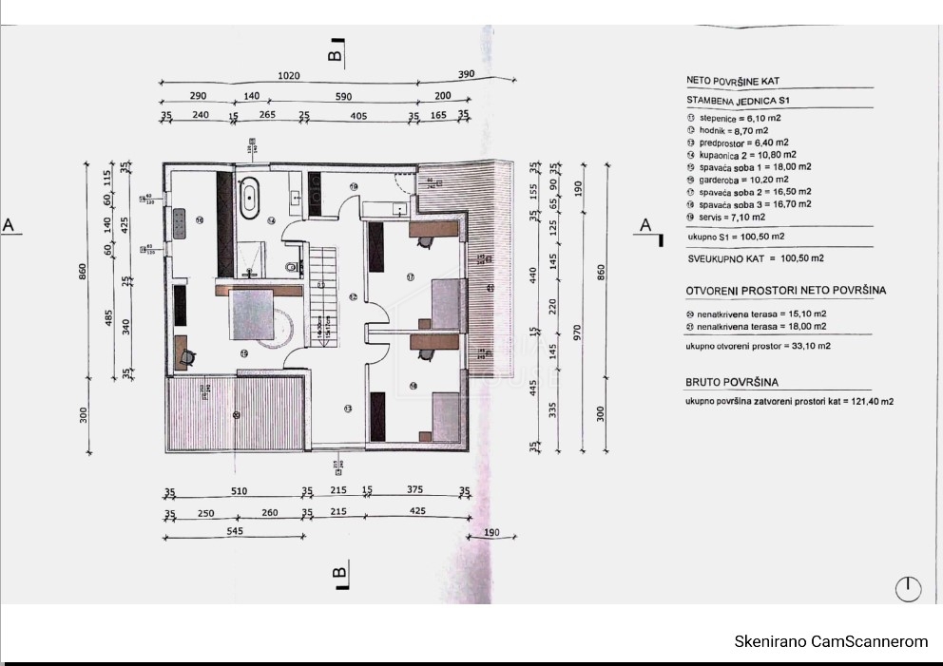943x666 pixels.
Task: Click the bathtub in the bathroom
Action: tap(251, 197)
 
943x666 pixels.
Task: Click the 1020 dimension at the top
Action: tap(289, 76)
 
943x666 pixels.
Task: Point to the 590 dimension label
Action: tap(344, 97)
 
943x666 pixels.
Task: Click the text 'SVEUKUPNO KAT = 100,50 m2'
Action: tap(755, 257)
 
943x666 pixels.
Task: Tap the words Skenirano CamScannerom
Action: tap(830, 642)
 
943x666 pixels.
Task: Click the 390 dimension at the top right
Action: tap(466, 74)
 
